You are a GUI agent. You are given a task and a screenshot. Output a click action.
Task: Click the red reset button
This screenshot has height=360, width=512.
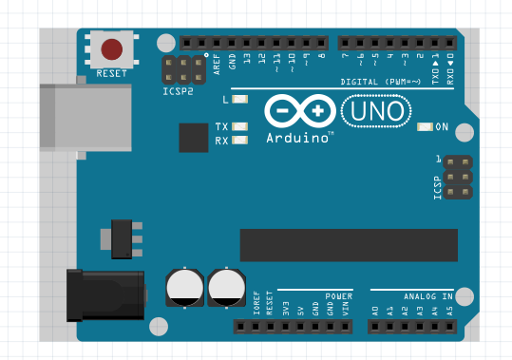(112, 48)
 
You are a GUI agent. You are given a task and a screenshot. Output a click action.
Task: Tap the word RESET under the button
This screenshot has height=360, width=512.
(112, 71)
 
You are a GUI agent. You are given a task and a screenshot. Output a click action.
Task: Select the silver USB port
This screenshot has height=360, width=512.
(85, 116)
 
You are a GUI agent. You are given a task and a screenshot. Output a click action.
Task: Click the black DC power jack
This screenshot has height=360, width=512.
(104, 295)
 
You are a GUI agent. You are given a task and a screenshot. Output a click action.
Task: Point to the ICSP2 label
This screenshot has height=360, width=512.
(178, 92)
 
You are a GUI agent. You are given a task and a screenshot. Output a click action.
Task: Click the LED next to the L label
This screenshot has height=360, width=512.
(239, 100)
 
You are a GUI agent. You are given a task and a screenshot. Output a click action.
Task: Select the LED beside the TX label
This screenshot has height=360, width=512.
(239, 126)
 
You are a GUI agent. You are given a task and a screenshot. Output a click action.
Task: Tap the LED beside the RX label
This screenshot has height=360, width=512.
(239, 141)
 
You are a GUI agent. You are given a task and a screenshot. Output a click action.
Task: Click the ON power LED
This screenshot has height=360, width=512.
(425, 126)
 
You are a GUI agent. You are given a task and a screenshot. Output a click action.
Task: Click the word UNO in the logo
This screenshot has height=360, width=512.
(376, 112)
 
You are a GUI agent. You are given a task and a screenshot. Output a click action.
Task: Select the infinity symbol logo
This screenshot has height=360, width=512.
(297, 111)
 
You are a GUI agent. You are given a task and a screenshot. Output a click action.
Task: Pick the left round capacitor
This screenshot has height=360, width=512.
(184, 287)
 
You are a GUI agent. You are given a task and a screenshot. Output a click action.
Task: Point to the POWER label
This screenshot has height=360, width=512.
(338, 295)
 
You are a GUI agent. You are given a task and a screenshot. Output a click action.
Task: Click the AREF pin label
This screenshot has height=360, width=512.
(218, 64)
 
